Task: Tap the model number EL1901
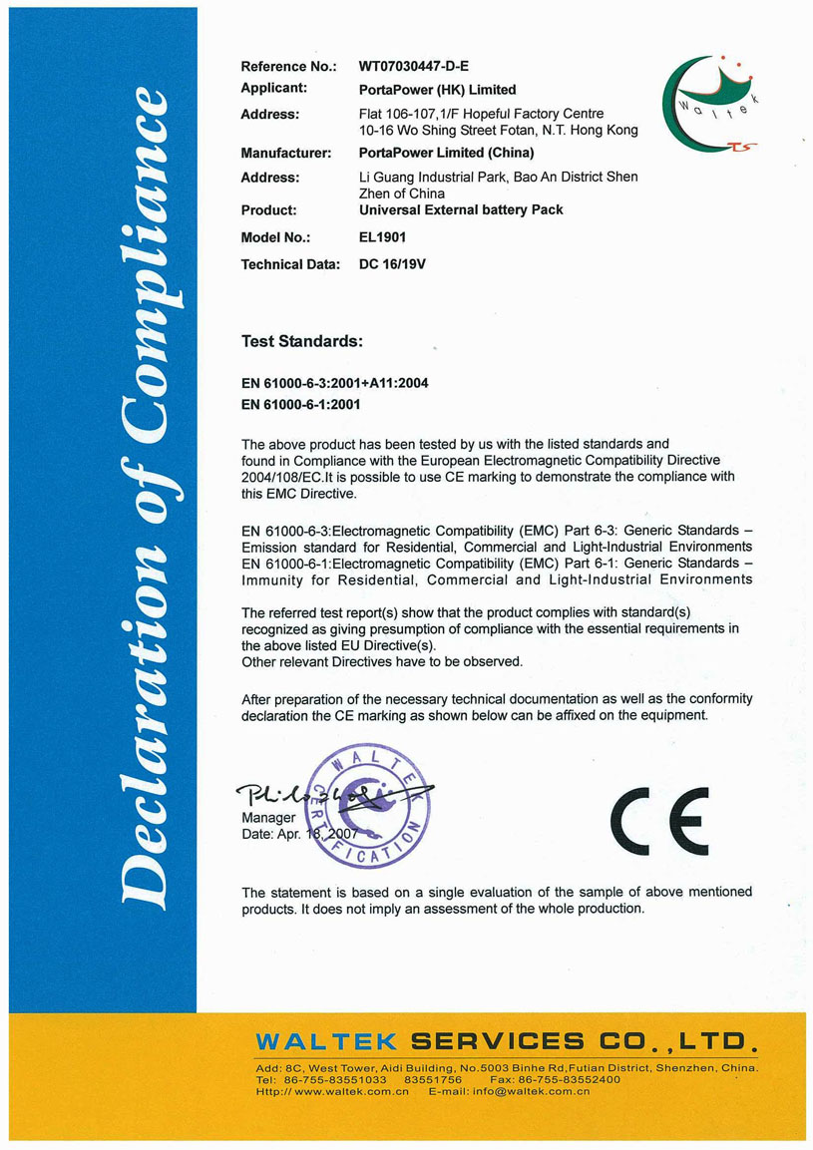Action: click(x=383, y=238)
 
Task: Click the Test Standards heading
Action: click(x=301, y=341)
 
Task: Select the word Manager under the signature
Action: click(x=268, y=818)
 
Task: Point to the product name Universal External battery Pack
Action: click(x=461, y=210)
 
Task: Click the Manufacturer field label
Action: click(x=285, y=154)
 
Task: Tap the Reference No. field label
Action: click(x=288, y=67)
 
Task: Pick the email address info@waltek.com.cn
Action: click(x=540, y=1091)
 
